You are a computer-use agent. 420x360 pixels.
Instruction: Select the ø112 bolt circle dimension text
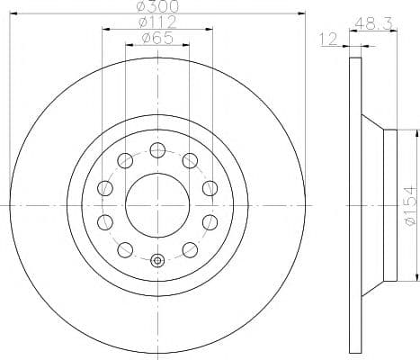tap(156, 22)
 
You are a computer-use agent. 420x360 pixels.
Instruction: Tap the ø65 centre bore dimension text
tap(157, 38)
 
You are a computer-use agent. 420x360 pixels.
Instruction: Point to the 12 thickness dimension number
tap(327, 39)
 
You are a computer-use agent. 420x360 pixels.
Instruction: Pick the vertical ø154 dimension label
tap(408, 203)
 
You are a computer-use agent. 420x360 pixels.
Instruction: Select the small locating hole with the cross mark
tap(157, 261)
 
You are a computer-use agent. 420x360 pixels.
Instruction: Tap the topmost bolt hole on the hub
tap(157, 149)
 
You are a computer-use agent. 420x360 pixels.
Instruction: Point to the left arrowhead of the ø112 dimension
tap(105, 29)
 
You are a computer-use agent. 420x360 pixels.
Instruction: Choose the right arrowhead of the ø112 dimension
tap(210, 29)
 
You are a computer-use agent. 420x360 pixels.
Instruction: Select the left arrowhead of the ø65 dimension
tap(129, 45)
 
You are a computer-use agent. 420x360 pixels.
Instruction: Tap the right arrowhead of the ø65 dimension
tap(186, 45)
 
